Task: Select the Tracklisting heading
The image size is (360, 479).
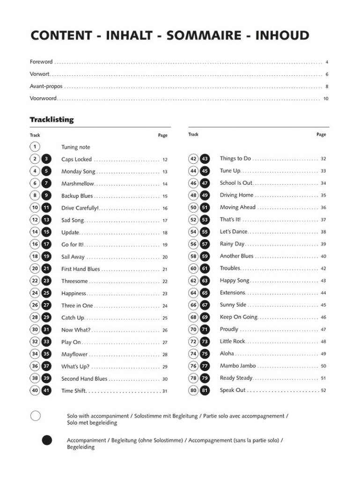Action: [x=52, y=120]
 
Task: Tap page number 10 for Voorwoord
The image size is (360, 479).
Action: [x=326, y=99]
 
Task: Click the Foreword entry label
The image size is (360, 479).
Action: [x=41, y=62]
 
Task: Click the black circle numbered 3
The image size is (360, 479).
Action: [x=46, y=159]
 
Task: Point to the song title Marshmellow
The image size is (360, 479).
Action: [x=78, y=184]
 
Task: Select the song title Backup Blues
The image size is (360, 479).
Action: [x=77, y=196]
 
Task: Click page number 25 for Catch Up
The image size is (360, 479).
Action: [x=165, y=318]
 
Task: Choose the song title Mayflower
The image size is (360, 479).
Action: [x=74, y=355]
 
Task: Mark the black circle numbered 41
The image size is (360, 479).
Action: [x=46, y=391]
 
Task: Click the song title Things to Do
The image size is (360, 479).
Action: [x=235, y=159]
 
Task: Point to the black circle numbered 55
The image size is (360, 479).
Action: [x=205, y=232]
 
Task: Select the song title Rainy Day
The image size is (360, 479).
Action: [x=232, y=244]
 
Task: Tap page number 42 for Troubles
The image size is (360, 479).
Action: [x=323, y=269]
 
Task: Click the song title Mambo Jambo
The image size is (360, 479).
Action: [x=238, y=366]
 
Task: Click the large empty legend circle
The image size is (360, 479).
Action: [x=35, y=416]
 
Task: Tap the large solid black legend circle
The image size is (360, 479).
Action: [x=47, y=441]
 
